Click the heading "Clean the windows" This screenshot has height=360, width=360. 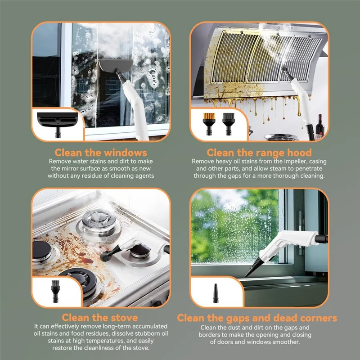coord(101,153)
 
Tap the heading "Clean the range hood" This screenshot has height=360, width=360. coord(259,153)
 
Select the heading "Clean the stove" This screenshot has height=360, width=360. coord(100,318)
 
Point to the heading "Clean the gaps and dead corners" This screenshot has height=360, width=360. coord(257,318)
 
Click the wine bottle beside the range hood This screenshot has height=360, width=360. coord(320,126)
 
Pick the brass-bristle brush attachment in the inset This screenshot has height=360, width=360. coord(209,124)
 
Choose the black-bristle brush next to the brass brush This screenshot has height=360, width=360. coord(228,124)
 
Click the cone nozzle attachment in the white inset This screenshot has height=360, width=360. coord(216,293)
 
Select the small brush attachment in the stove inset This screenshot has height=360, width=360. coord(55,291)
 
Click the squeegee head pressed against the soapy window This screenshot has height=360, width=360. coord(116,64)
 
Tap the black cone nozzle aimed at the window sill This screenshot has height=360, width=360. coord(253,267)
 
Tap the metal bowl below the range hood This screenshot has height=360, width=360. coord(280,137)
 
